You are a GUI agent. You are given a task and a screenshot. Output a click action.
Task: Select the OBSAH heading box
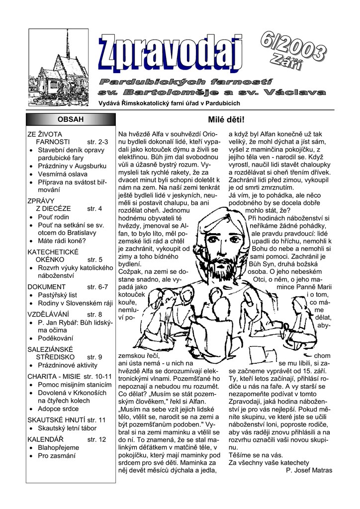[71, 119]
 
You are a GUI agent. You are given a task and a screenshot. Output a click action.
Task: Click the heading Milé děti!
[225, 120]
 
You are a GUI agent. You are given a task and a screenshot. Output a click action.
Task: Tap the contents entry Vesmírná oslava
[62, 174]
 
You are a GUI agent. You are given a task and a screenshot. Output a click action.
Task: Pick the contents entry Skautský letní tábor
[67, 428]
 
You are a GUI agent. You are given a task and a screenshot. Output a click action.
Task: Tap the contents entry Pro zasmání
[56, 455]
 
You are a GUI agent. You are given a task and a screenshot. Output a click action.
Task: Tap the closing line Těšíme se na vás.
[256, 455]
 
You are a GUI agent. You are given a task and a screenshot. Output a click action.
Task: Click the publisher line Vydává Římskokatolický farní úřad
[170, 103]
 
